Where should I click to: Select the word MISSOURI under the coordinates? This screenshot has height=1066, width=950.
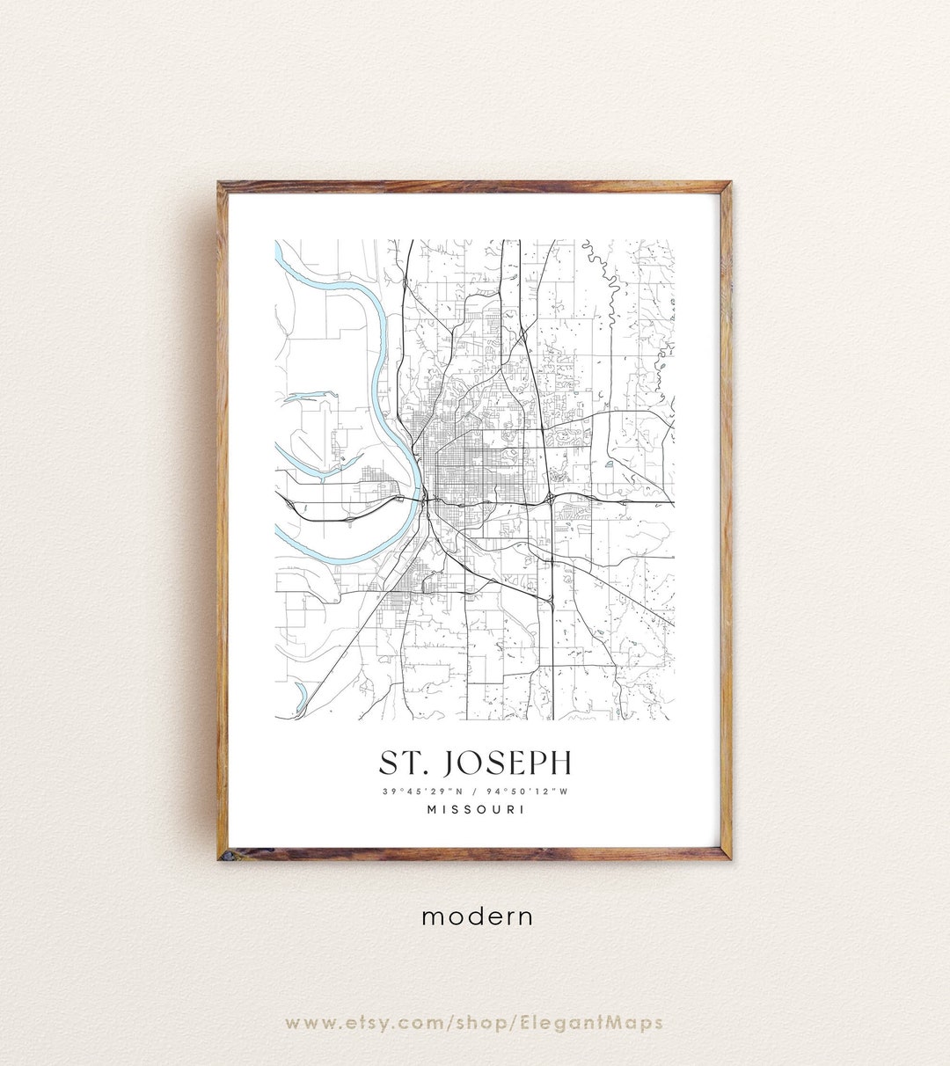click(x=475, y=809)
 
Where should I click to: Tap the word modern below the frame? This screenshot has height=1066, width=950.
click(x=477, y=916)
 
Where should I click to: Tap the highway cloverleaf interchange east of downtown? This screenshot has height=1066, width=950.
click(x=550, y=499)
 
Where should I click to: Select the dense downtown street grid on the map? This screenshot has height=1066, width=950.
click(x=449, y=466)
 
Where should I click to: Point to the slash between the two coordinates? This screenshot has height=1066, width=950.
click(x=476, y=791)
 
